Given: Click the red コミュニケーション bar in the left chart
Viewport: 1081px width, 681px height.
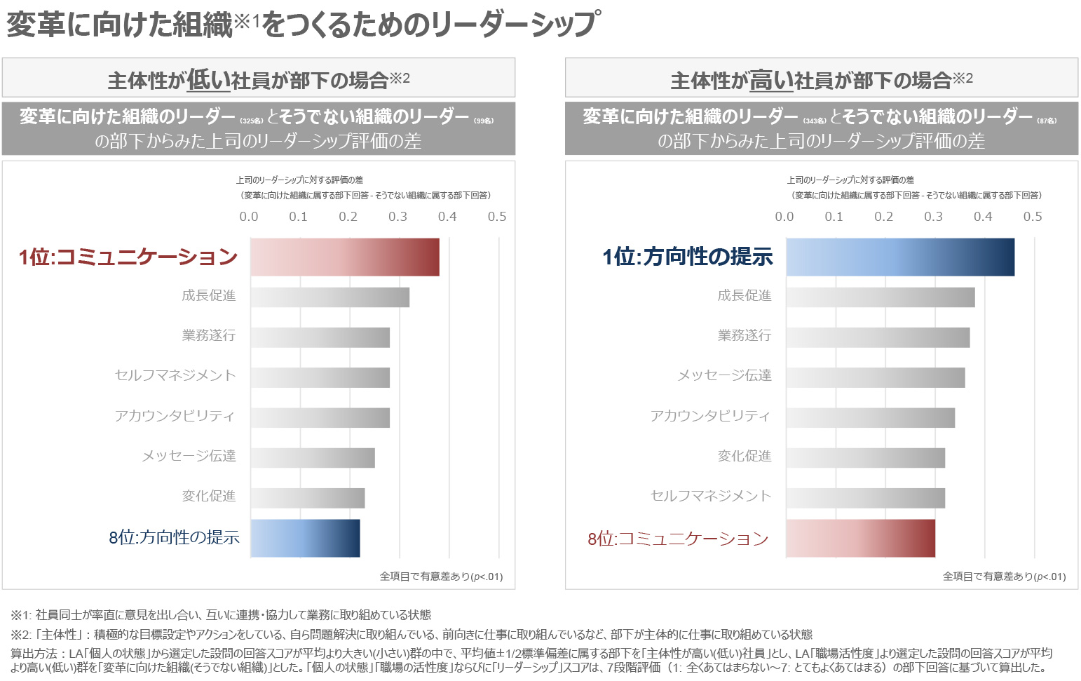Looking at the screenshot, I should point(345,257).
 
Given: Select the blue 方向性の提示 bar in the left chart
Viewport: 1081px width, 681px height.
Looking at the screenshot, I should point(305,538).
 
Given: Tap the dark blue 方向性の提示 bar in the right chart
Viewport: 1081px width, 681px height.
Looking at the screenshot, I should point(899,257).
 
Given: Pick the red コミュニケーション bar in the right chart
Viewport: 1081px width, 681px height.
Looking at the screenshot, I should point(860,538).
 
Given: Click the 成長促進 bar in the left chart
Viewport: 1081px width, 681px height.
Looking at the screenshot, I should point(329,297).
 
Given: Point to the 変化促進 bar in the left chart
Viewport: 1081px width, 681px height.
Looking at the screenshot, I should point(308,498).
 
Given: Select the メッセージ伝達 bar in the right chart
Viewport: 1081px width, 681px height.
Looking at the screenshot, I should point(875,377).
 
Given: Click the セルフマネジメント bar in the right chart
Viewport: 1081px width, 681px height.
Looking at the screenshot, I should point(865,498).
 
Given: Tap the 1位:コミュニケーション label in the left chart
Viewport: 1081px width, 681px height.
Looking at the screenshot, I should point(128,257).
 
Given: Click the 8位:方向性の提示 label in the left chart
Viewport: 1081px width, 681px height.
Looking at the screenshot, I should point(174,538).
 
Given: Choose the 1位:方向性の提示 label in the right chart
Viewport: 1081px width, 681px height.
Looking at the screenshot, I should point(687,257).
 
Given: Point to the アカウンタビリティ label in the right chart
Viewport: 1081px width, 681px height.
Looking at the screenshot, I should point(710,416).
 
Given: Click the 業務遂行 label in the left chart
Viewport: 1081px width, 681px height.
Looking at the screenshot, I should point(209,335).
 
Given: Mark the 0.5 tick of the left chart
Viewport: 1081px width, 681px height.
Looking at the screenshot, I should point(497,217).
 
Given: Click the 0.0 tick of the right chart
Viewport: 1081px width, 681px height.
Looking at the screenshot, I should point(784,217).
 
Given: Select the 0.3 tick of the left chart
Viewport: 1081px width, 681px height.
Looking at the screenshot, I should point(397,217).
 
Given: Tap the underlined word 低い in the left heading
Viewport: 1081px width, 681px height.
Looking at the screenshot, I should point(208,80).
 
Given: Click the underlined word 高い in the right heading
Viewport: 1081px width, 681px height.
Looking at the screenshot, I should point(771,80).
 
